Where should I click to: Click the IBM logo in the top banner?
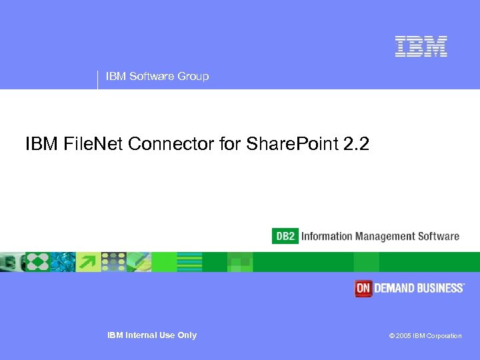pos(421,46)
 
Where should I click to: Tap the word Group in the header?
pos(193,76)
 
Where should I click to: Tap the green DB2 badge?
pos(285,236)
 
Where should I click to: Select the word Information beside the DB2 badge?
pos(327,236)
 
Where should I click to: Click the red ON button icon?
pos(363,288)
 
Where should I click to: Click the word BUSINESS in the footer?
pos(440,288)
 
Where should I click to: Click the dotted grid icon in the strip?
pos(113,262)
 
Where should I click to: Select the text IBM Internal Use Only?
pos(152,335)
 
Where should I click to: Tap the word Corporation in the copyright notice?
pos(445,336)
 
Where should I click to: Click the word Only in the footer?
pos(187,335)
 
